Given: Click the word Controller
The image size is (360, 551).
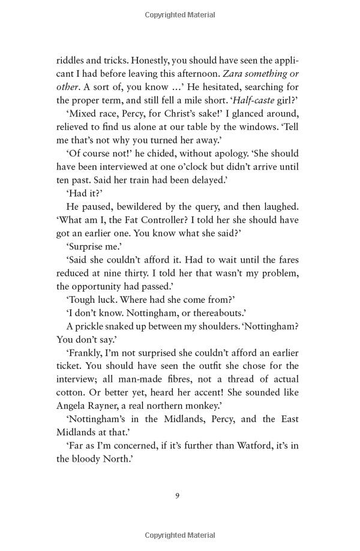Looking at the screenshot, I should tap(178, 220).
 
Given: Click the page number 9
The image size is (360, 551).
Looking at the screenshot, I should tap(178, 495).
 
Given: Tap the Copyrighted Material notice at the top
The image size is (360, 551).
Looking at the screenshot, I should tap(180, 13).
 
